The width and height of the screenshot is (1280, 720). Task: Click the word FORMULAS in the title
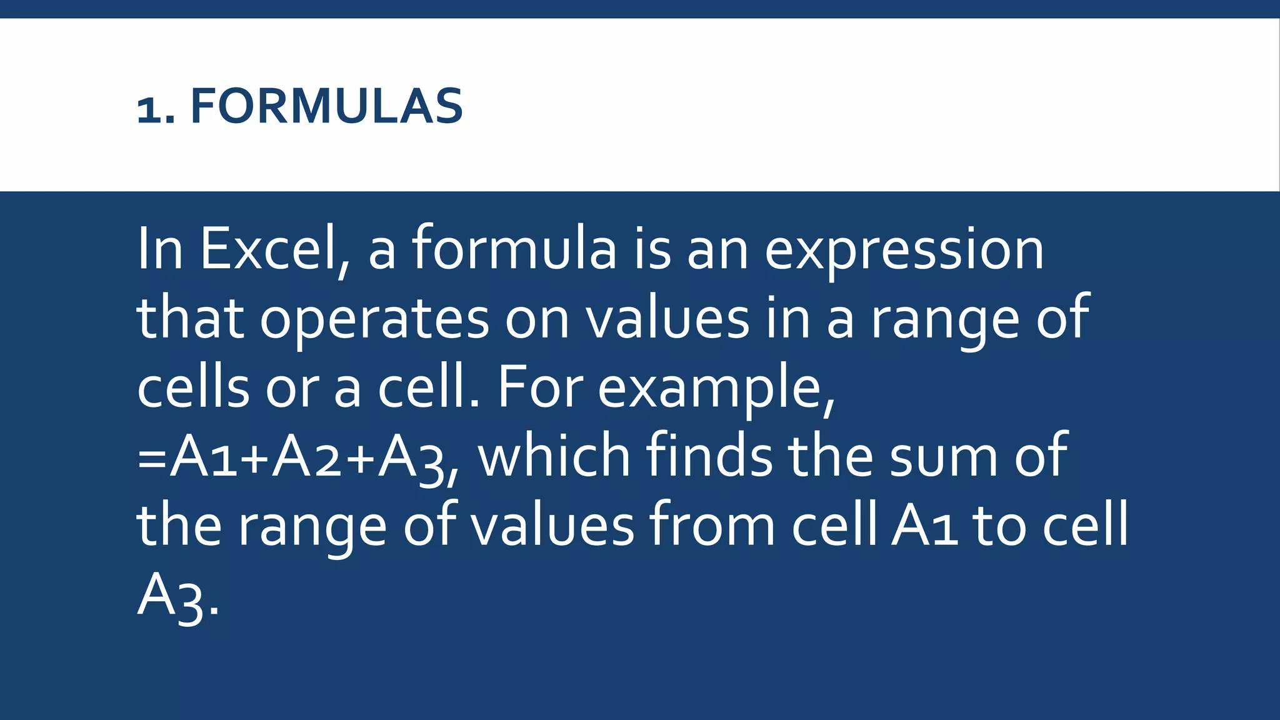[326, 106]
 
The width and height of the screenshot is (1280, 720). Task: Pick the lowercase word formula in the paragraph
[514, 249]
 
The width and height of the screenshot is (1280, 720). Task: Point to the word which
[554, 456]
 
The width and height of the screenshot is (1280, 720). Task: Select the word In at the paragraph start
[160, 249]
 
